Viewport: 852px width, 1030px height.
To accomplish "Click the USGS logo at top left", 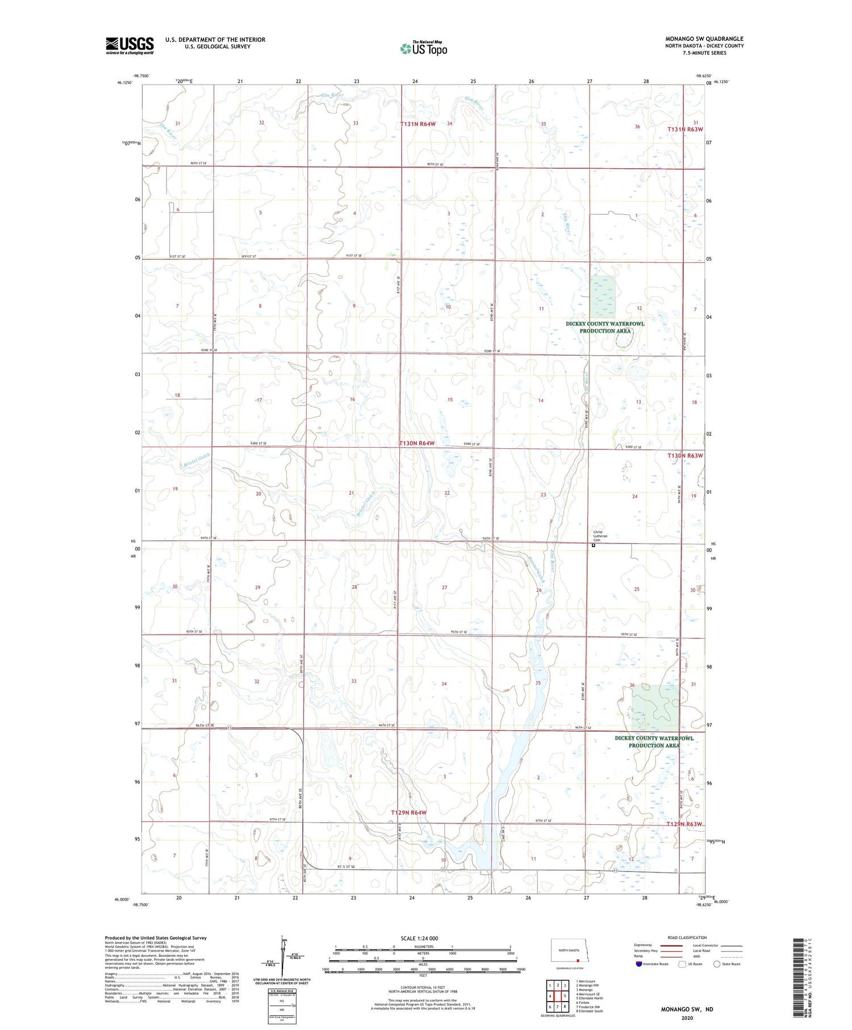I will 130,45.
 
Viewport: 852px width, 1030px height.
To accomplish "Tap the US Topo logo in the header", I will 424,48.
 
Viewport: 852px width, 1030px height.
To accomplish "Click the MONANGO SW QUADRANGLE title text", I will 704,39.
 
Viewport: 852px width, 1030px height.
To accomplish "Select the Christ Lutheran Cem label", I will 600,536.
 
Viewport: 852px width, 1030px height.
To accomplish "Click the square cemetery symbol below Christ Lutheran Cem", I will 594,545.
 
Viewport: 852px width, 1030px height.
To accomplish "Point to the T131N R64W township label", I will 417,124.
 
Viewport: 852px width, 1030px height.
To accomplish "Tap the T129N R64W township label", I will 408,813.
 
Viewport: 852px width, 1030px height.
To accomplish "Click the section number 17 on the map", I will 258,400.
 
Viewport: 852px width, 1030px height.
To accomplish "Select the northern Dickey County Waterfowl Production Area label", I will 605,327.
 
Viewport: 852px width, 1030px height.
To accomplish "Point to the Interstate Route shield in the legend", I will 639,964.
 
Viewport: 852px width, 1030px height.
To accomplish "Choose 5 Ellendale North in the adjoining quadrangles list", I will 590,998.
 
